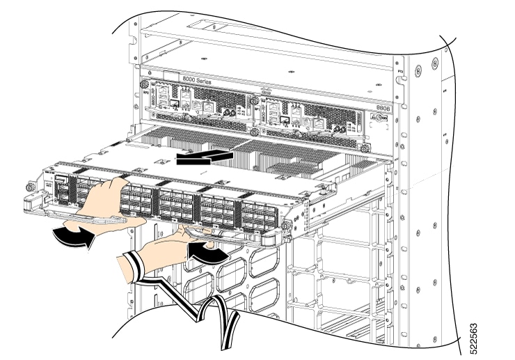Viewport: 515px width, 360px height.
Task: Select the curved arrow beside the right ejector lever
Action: pos(207,253)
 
